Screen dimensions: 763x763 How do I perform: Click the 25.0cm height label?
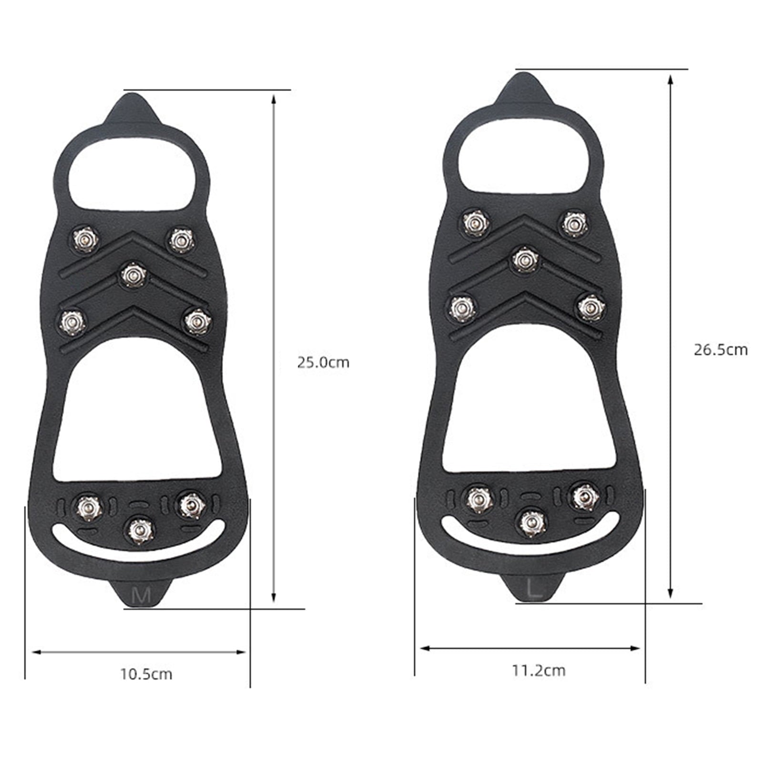coord(323,363)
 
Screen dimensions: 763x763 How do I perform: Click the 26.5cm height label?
coord(720,350)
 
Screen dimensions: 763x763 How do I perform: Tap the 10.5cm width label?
coord(146,674)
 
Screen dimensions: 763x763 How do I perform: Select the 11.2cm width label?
coord(539,671)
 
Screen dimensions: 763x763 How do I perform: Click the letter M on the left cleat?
coord(141,595)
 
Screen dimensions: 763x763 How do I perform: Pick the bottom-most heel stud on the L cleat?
coord(532,523)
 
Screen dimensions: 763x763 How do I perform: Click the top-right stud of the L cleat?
coord(574,224)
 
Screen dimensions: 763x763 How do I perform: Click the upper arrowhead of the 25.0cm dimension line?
coord(274,99)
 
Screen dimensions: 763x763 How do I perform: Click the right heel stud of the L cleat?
coord(586,497)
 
